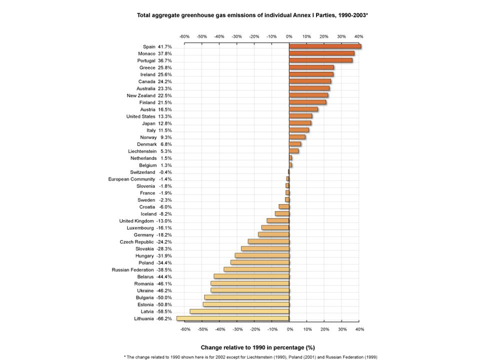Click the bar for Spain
click(325, 46)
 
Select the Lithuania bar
click(233, 318)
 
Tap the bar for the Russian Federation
click(256, 269)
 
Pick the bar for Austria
click(303, 109)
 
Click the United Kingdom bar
click(278, 220)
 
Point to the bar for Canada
click(310, 81)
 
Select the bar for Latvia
click(239, 311)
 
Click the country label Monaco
click(146, 53)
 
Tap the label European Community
click(131, 179)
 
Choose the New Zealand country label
click(141, 95)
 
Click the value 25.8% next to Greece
click(164, 67)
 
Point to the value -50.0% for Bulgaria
click(164, 297)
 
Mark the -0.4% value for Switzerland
click(165, 172)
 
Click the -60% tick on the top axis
click(184, 36)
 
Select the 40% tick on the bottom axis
click(359, 329)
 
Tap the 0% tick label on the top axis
click(289, 36)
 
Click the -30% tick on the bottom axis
click(237, 329)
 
